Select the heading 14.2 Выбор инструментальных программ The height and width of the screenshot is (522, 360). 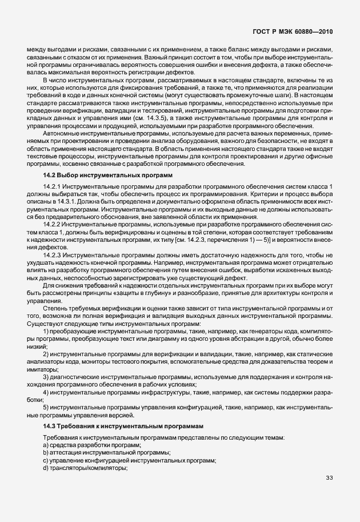tap(108, 174)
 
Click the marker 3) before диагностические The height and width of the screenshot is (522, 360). tap(46, 377)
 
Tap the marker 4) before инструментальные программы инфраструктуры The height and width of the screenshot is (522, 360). tap(46, 393)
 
